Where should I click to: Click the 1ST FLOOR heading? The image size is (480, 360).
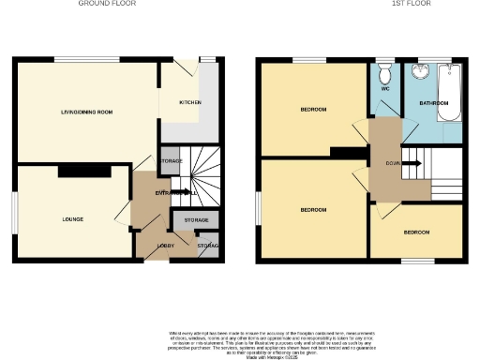(363, 4)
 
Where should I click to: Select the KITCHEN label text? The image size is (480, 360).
(191, 102)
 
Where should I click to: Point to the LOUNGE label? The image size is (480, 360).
(72, 219)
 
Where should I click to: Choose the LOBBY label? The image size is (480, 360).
(152, 247)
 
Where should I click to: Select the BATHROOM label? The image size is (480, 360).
(433, 102)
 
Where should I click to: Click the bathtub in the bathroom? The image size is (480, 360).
(452, 94)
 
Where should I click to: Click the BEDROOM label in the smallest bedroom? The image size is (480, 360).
(416, 232)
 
